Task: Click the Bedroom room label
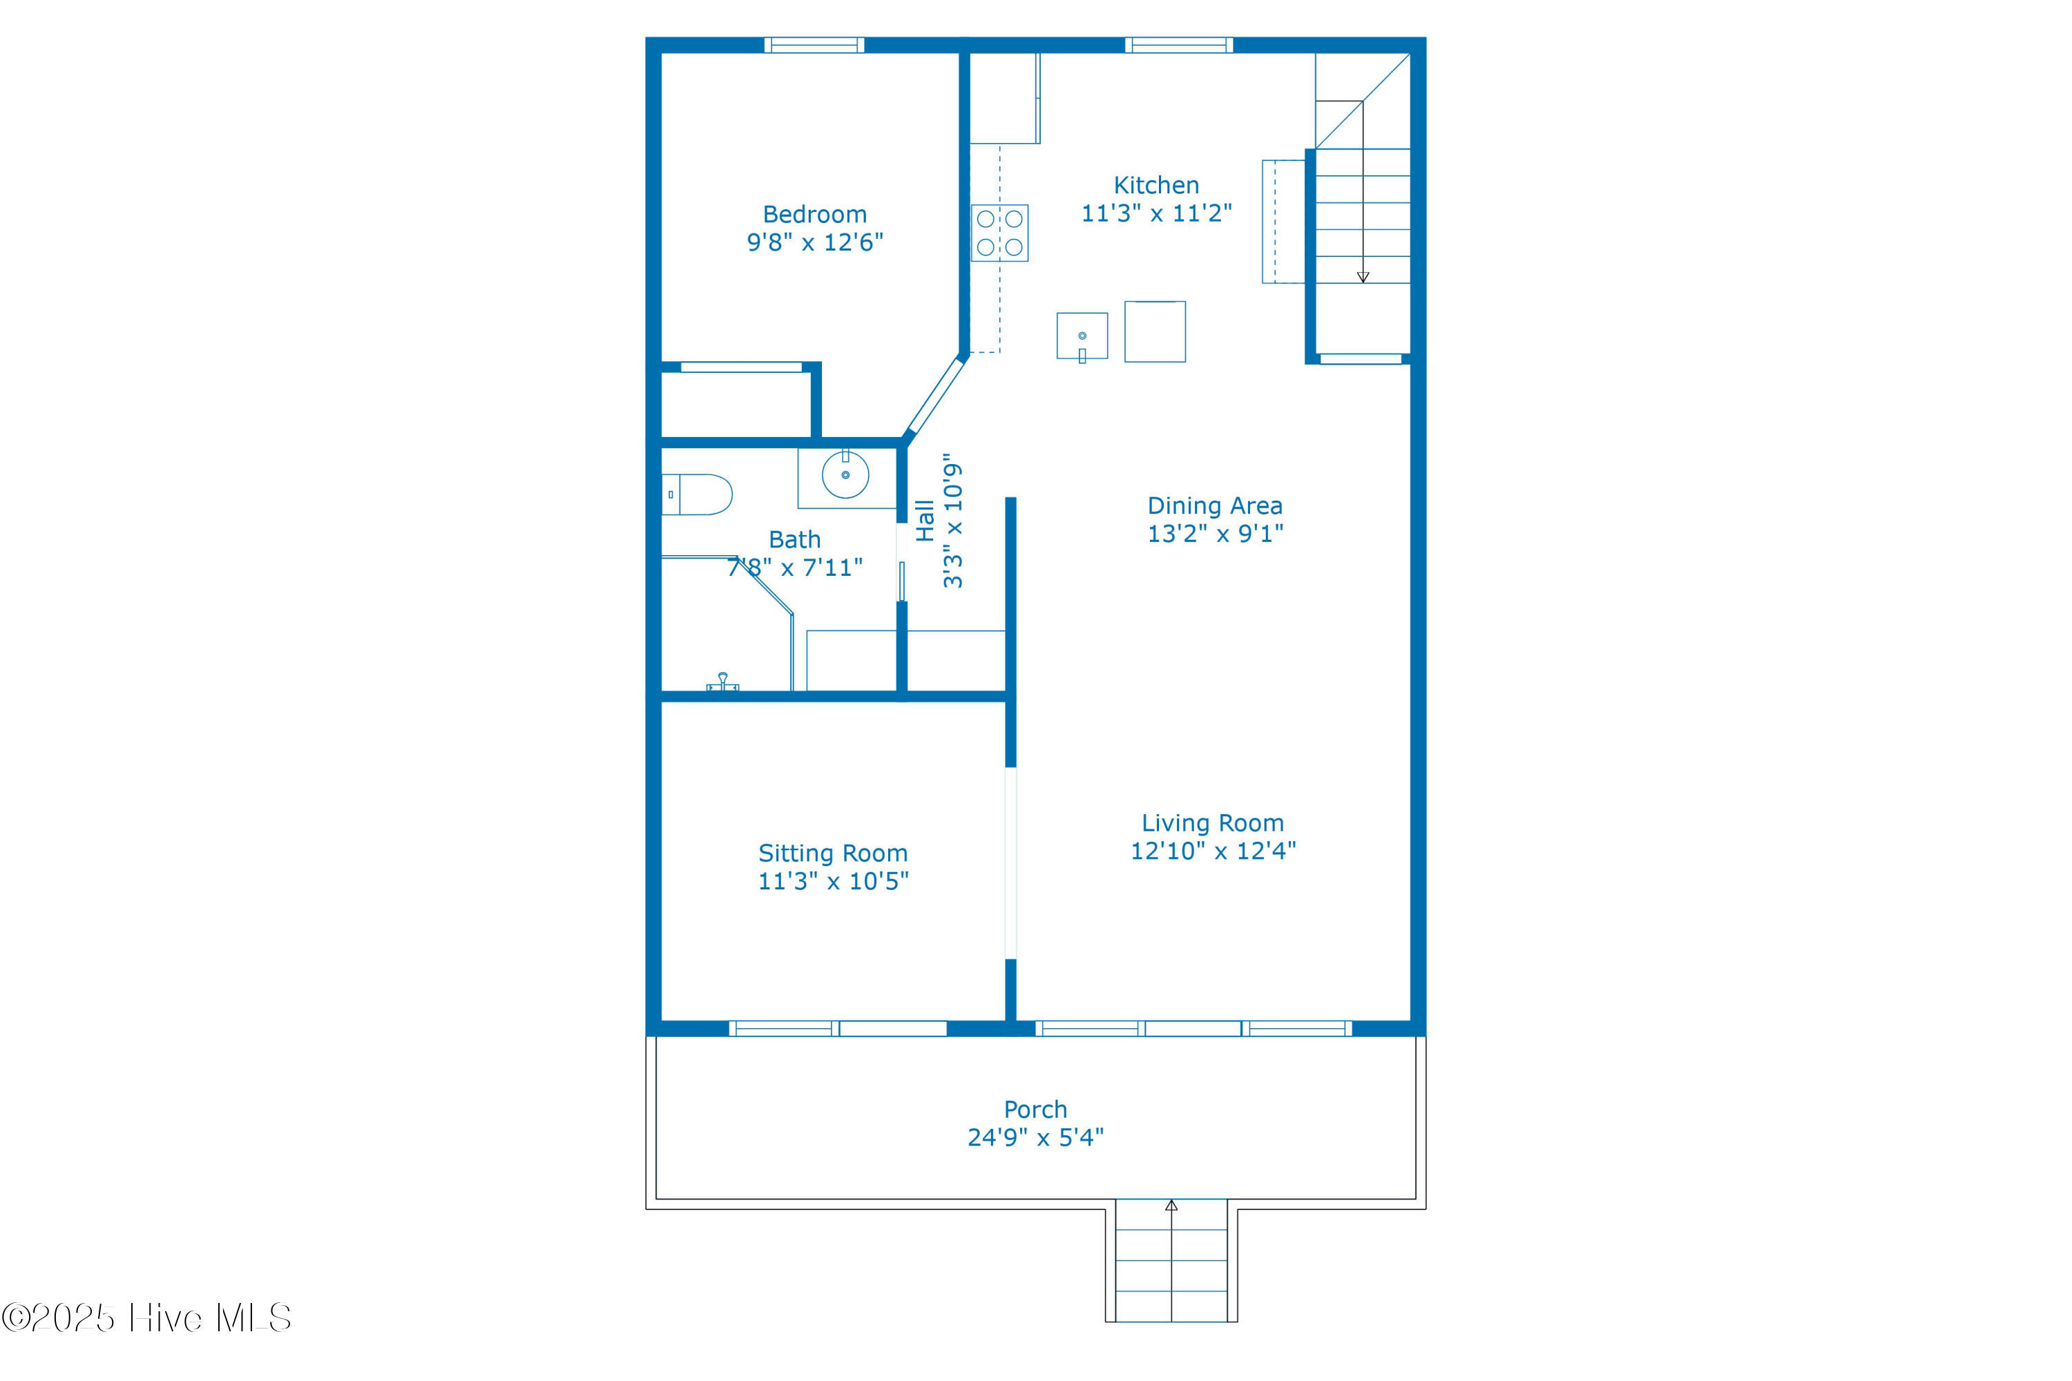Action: pyautogui.click(x=815, y=214)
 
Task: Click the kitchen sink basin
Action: pyautogui.click(x=1082, y=336)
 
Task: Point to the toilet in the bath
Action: pyautogui.click(x=697, y=494)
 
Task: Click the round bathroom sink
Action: pyautogui.click(x=845, y=475)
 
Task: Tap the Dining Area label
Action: pyautogui.click(x=1214, y=505)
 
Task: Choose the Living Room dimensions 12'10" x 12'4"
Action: pyautogui.click(x=1213, y=851)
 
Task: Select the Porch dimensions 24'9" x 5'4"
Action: pyautogui.click(x=1035, y=1138)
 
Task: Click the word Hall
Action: pyautogui.click(x=925, y=521)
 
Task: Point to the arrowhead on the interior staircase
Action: pyautogui.click(x=1363, y=278)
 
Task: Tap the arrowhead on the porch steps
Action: pyautogui.click(x=1171, y=1206)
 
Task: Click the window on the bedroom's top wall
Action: pyautogui.click(x=814, y=45)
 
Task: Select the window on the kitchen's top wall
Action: pyautogui.click(x=1179, y=45)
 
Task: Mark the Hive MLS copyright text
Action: pyautogui.click(x=146, y=1317)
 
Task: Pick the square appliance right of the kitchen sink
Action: pyautogui.click(x=1155, y=331)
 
